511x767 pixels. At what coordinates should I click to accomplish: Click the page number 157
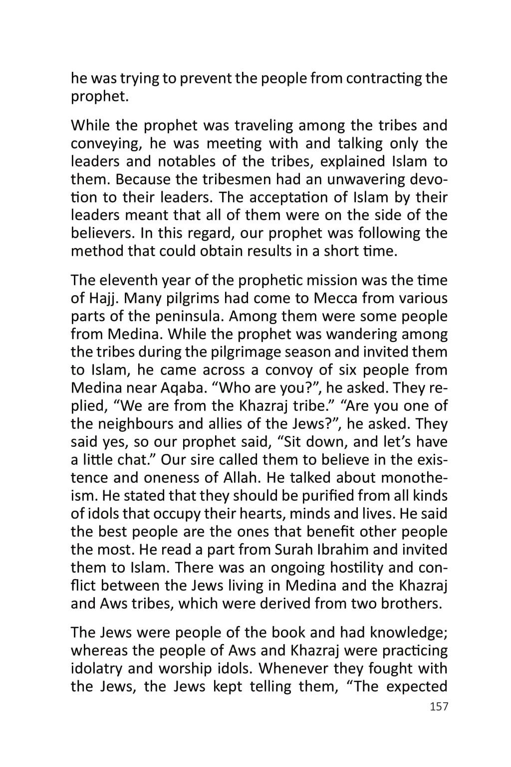pyautogui.click(x=439, y=707)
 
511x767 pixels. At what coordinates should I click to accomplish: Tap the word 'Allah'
pyautogui.click(x=239, y=478)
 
